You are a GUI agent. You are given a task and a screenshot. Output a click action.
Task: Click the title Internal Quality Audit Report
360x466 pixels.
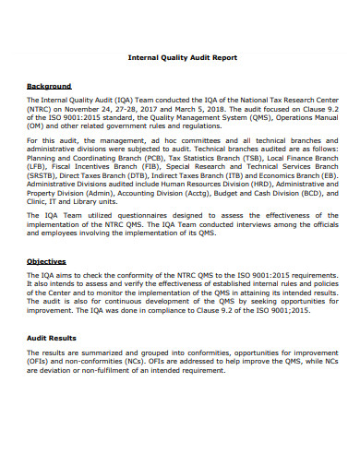point(181,57)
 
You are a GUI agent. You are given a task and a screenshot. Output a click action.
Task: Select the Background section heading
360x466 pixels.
point(49,86)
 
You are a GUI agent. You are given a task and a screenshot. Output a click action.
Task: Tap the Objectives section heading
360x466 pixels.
point(46,261)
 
